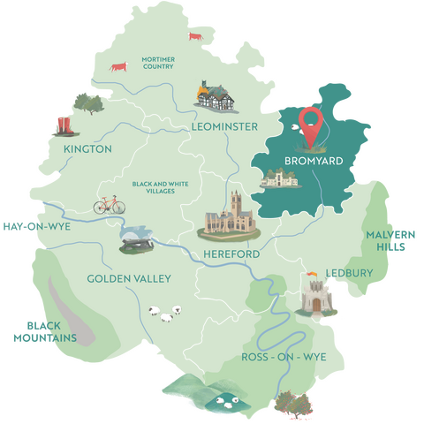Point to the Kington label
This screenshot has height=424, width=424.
87,149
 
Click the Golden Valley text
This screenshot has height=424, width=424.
129,279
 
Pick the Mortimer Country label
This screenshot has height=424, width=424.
158,64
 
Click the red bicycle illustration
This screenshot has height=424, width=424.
110,205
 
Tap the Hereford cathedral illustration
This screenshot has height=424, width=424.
231,216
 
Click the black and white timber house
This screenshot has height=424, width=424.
213,95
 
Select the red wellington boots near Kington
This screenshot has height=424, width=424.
62,125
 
